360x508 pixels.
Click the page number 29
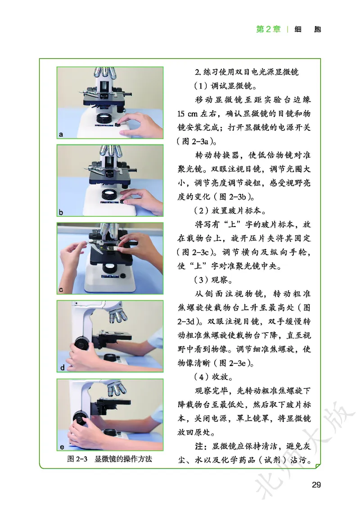click(x=315, y=485)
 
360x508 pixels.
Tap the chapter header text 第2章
click(x=268, y=29)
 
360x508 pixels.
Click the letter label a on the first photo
click(x=61, y=134)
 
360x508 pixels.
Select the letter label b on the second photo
click(x=61, y=212)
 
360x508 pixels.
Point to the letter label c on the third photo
click(x=61, y=290)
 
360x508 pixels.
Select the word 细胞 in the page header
click(x=308, y=29)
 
